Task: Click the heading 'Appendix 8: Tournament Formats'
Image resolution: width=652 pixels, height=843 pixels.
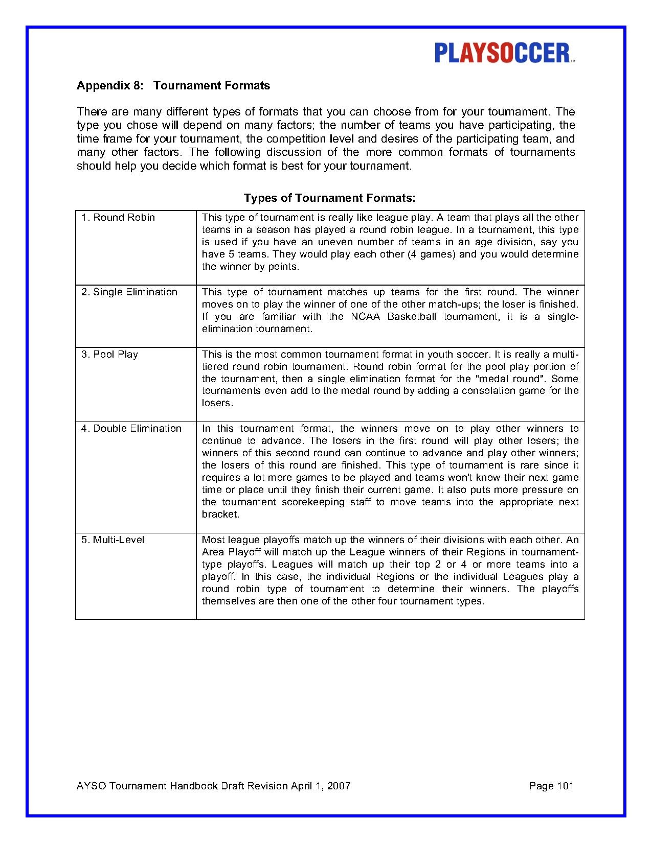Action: [x=173, y=86]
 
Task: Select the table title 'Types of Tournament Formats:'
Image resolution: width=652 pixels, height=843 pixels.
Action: [x=329, y=198]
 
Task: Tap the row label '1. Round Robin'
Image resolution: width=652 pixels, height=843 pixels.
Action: [x=118, y=218]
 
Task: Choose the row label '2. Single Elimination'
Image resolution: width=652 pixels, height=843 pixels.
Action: [x=129, y=292]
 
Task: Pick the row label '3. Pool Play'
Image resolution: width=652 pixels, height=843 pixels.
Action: [x=110, y=355]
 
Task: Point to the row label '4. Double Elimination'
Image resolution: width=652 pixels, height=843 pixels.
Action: [x=131, y=429]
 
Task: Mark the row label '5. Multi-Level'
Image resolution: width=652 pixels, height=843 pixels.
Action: [x=113, y=540]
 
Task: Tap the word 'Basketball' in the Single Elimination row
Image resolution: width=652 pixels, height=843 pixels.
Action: [x=412, y=317]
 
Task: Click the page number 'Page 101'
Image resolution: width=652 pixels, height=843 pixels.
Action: [x=551, y=786]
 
